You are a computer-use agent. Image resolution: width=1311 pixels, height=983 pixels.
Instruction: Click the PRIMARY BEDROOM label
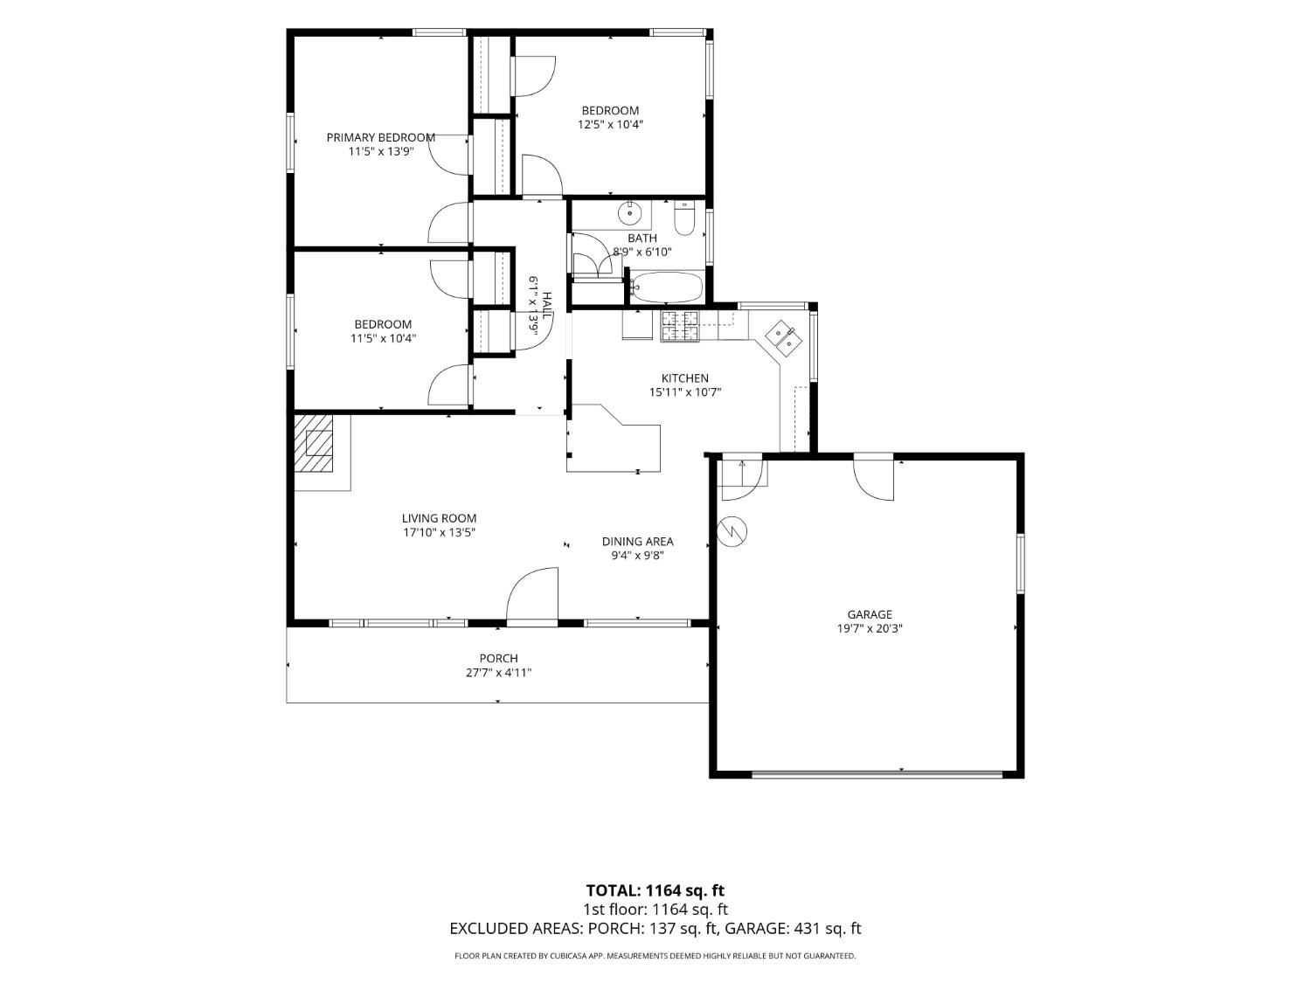pyautogui.click(x=380, y=137)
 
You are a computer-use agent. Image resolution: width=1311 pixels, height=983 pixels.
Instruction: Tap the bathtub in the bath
pyautogui.click(x=667, y=287)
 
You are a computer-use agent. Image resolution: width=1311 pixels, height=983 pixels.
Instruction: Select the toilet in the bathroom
pyautogui.click(x=683, y=218)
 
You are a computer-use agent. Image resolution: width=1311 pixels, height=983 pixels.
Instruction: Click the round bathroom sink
pyautogui.click(x=629, y=211)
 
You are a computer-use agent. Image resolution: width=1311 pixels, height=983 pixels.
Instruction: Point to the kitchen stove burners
pyautogui.click(x=679, y=327)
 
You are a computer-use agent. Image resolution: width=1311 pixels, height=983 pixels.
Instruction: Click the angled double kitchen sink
pyautogui.click(x=782, y=338)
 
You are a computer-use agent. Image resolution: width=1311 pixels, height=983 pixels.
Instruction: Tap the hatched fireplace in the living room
pyautogui.click(x=314, y=444)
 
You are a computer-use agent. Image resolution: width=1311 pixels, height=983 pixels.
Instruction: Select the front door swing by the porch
pyautogui.click(x=532, y=594)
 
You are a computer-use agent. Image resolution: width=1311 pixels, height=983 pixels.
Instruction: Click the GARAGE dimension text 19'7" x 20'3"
pyautogui.click(x=869, y=628)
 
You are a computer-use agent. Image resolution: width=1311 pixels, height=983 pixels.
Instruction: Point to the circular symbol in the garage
pyautogui.click(x=732, y=530)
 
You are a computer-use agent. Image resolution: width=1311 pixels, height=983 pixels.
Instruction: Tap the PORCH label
pyautogui.click(x=499, y=658)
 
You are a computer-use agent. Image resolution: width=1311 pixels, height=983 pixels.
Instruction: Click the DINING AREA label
pyautogui.click(x=637, y=542)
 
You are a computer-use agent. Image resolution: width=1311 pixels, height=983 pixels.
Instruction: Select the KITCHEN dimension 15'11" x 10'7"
pyautogui.click(x=685, y=392)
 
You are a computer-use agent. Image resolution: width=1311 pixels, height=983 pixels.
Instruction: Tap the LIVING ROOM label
pyautogui.click(x=439, y=519)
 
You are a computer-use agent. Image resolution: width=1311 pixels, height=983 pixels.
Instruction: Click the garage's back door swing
pyautogui.click(x=874, y=476)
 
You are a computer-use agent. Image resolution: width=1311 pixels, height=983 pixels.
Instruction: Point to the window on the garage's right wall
pyautogui.click(x=1021, y=564)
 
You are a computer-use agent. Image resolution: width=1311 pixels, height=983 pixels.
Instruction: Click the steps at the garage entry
pyautogui.click(x=742, y=474)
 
